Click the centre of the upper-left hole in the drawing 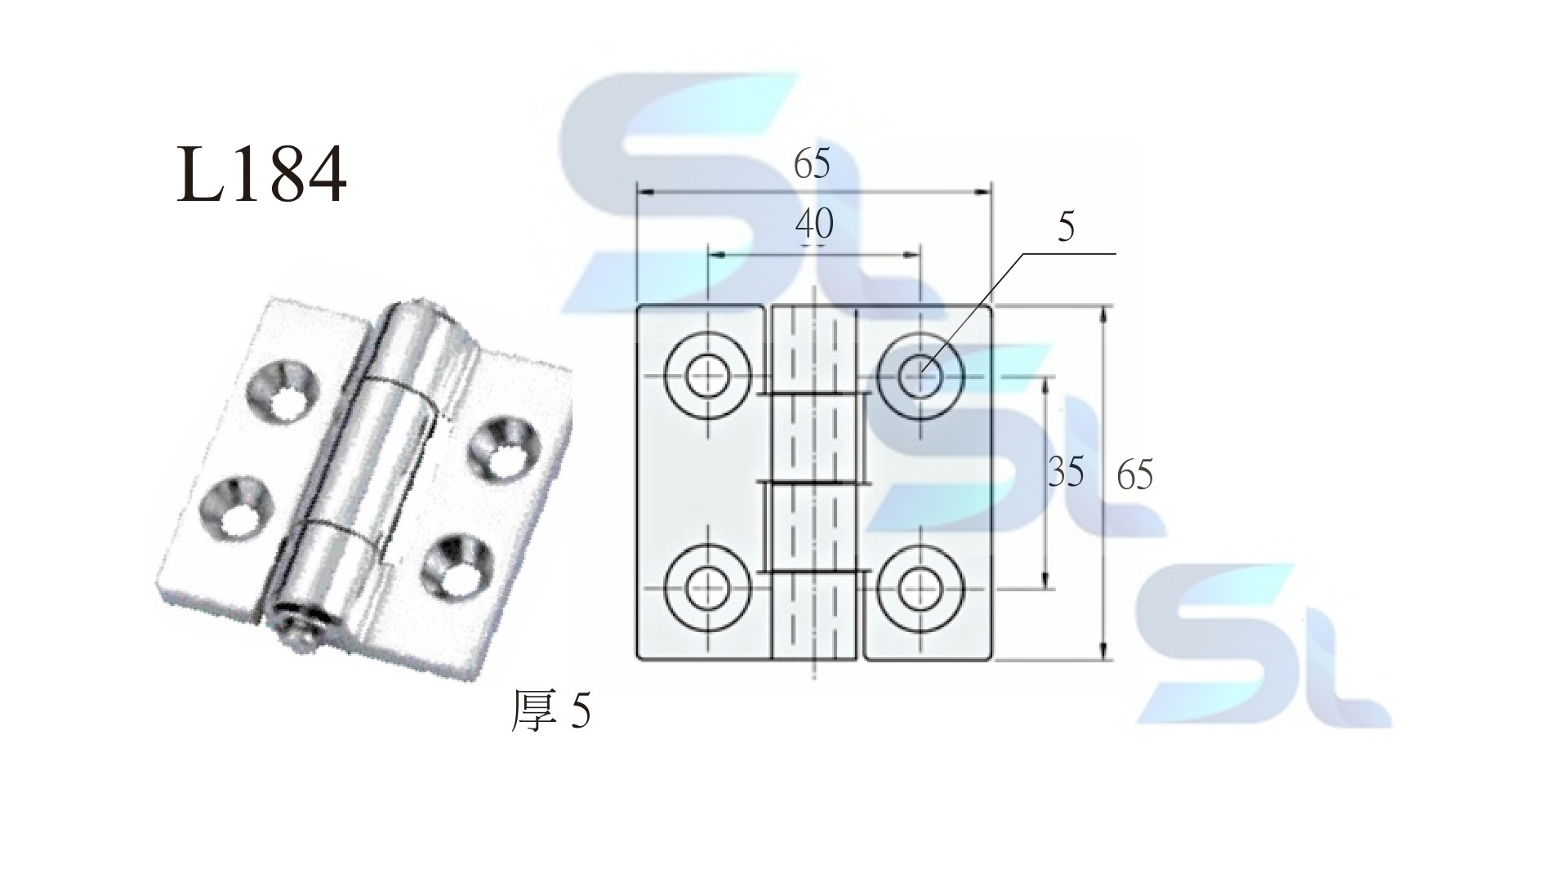click(x=708, y=376)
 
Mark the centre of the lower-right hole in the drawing click(x=921, y=588)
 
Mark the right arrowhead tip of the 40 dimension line click(x=921, y=256)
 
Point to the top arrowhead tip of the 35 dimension click(x=1045, y=377)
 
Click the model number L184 click(x=261, y=175)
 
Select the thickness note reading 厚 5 click(x=550, y=710)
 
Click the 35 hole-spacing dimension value click(x=1066, y=472)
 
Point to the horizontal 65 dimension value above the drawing click(x=812, y=164)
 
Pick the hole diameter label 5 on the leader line click(x=1066, y=227)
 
